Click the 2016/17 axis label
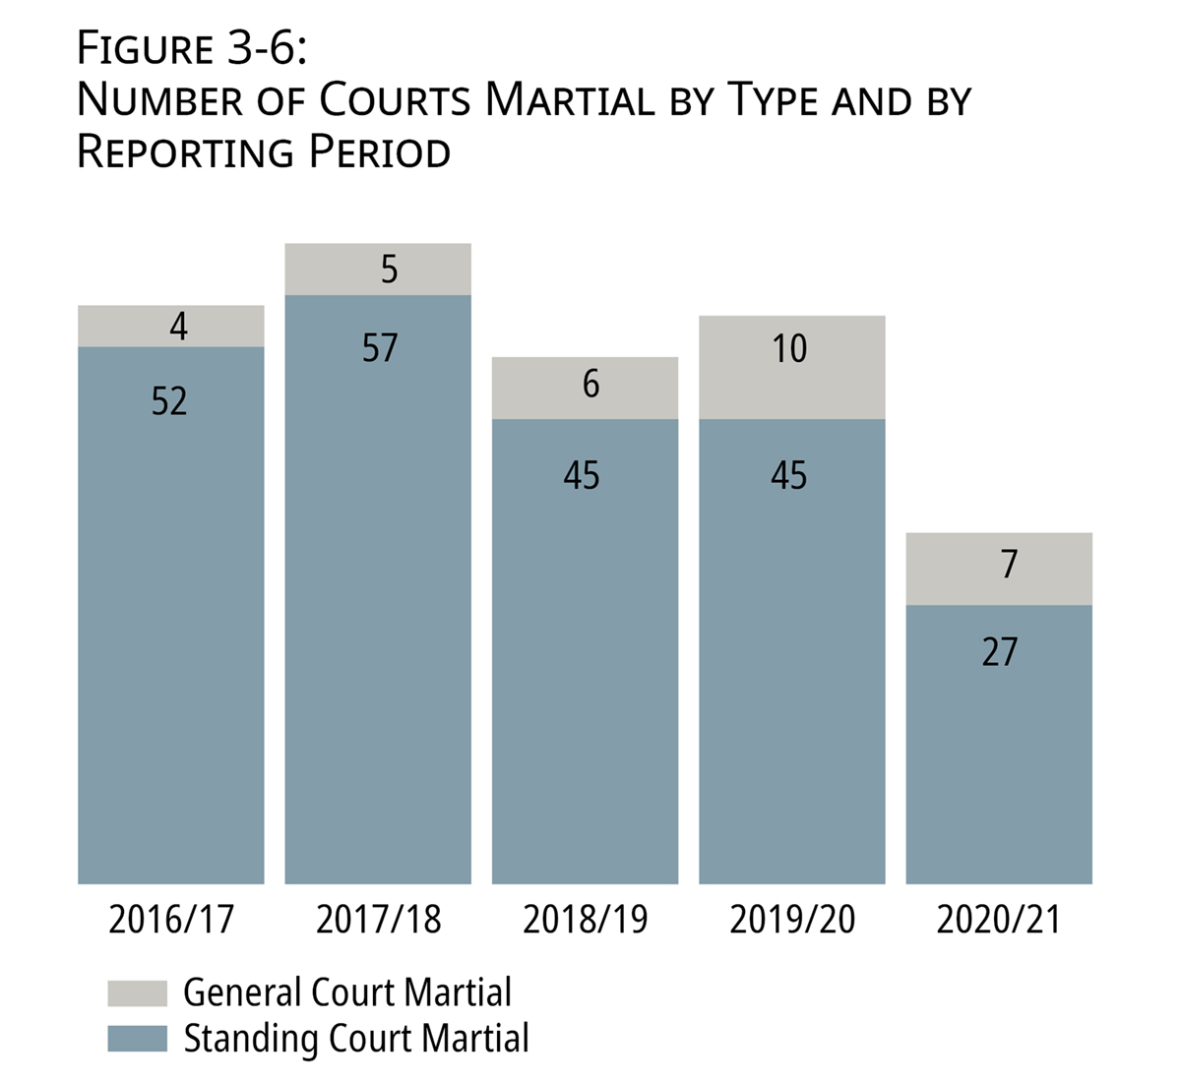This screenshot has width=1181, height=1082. point(171,920)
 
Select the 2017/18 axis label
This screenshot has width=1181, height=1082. point(378,920)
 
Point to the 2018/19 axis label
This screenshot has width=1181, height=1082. point(586,920)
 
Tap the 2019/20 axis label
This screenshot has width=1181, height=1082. point(792,920)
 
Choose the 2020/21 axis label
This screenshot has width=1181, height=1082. point(999,920)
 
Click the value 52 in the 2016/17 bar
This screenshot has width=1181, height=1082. point(169,401)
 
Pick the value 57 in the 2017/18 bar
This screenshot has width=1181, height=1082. point(379,348)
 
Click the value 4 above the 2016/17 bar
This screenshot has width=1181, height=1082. point(178,327)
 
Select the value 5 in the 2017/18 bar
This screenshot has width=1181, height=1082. point(389,270)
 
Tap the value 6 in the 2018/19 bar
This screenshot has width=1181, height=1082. point(590,385)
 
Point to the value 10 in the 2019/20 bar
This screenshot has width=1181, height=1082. point(789,349)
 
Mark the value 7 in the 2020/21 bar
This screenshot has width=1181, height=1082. point(1008,565)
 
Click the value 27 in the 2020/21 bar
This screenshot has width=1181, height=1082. point(999,652)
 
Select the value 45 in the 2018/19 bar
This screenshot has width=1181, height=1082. point(582,476)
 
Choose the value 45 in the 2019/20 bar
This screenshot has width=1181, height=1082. point(789,476)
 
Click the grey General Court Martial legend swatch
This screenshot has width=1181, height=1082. point(137,992)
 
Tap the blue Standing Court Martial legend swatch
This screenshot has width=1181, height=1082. point(137,1039)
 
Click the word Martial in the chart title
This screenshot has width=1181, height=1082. point(570,100)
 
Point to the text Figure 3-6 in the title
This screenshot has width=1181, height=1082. point(192,49)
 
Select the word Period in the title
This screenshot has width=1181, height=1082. point(380,151)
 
